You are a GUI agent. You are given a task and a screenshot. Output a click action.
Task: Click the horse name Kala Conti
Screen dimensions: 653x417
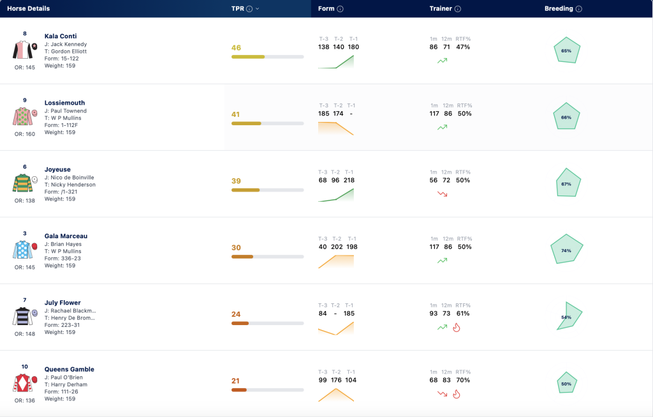coord(61,36)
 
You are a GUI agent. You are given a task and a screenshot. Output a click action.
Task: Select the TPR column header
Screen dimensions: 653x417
coord(238,9)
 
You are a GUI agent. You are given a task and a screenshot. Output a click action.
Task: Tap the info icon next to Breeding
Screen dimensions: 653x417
coord(579,9)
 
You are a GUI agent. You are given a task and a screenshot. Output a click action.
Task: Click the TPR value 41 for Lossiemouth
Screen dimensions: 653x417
coord(236,114)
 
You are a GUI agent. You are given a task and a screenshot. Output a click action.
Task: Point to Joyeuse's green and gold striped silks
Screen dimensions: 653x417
coord(22,183)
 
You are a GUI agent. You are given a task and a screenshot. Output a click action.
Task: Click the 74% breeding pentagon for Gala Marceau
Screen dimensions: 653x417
coord(566,248)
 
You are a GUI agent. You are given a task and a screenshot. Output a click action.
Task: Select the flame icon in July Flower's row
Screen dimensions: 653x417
coord(457,328)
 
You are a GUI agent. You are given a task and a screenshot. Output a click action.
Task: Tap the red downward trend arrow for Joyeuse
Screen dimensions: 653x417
coord(443,194)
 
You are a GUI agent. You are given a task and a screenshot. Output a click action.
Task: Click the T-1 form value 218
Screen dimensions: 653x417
coord(349,180)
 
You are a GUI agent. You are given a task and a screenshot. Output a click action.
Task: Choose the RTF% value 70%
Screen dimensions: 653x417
coord(463,380)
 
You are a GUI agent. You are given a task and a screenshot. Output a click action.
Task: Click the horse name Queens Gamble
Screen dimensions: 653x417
coord(69,370)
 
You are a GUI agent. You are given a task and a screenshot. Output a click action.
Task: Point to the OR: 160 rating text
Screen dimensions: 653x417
coord(25,134)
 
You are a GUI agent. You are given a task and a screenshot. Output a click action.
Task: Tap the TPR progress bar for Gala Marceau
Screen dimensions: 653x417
coord(267,257)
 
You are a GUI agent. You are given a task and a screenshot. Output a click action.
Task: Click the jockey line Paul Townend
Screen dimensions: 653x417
coord(66,111)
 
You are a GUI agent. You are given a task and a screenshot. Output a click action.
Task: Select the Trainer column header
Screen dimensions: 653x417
coord(441,9)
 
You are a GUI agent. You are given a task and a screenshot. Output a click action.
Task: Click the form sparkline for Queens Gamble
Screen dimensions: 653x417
coord(336,395)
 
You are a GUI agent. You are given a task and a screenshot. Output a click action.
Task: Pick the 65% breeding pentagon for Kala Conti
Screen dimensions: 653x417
coord(567,50)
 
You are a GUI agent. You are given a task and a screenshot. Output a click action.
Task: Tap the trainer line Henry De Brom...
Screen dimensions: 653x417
coord(70,318)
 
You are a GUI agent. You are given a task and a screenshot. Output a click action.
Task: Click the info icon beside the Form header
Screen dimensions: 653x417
coord(341,9)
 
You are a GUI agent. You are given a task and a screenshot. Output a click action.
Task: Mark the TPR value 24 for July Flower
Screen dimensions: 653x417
coord(236,314)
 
